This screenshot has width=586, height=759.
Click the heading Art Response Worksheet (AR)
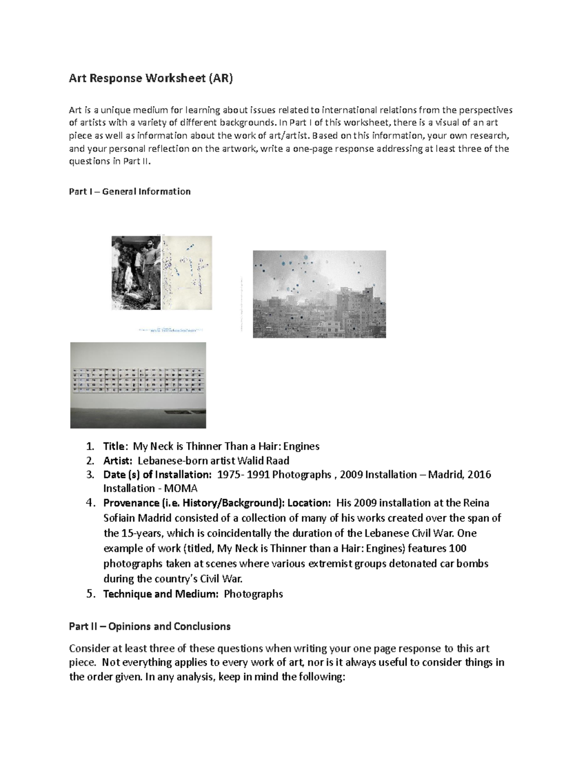pos(151,79)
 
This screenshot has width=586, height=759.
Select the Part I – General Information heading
pos(129,192)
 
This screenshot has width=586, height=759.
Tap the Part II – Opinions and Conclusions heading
pos(149,627)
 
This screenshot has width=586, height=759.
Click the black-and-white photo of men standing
pos(136,273)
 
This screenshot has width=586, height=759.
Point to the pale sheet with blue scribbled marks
pos(187,273)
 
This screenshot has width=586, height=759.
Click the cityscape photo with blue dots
pos(319,294)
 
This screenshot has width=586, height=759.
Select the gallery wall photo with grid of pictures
pos(138,385)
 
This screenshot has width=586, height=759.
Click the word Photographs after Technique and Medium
pos(253,594)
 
